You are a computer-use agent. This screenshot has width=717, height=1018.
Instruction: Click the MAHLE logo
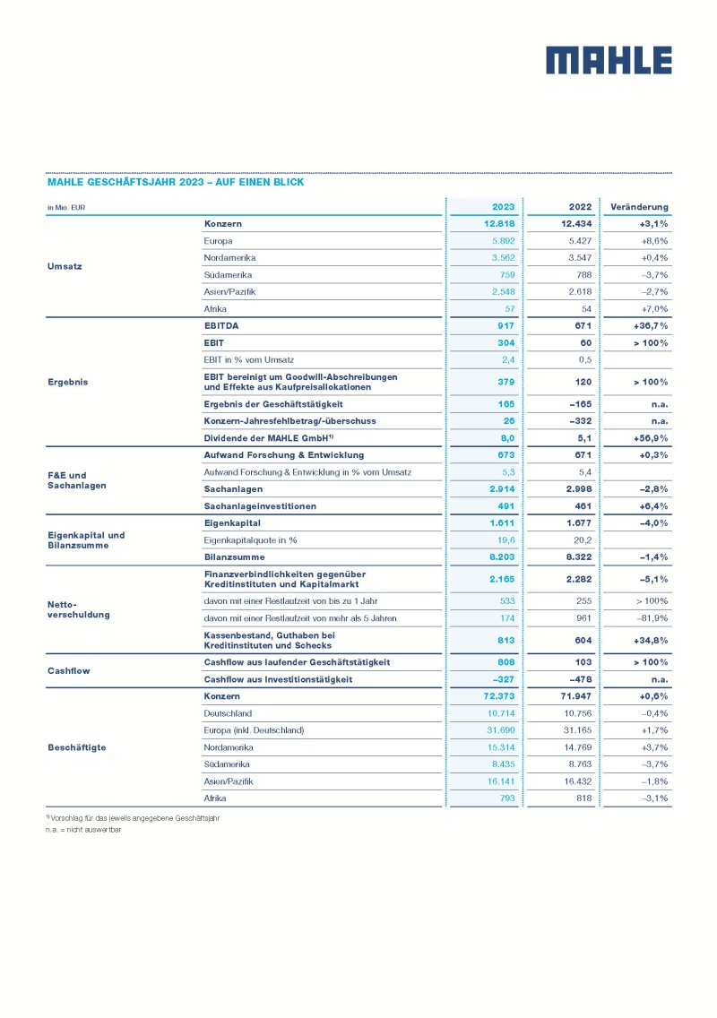tap(609, 60)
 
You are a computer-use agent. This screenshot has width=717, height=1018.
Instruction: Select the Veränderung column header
tap(639, 207)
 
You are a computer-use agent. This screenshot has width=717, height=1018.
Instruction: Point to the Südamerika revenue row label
tap(228, 275)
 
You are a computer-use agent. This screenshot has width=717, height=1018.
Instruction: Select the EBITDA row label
tap(224, 326)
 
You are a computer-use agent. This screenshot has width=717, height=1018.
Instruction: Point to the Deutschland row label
tap(229, 713)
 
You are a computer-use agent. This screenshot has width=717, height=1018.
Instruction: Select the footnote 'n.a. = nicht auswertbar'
tap(85, 830)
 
